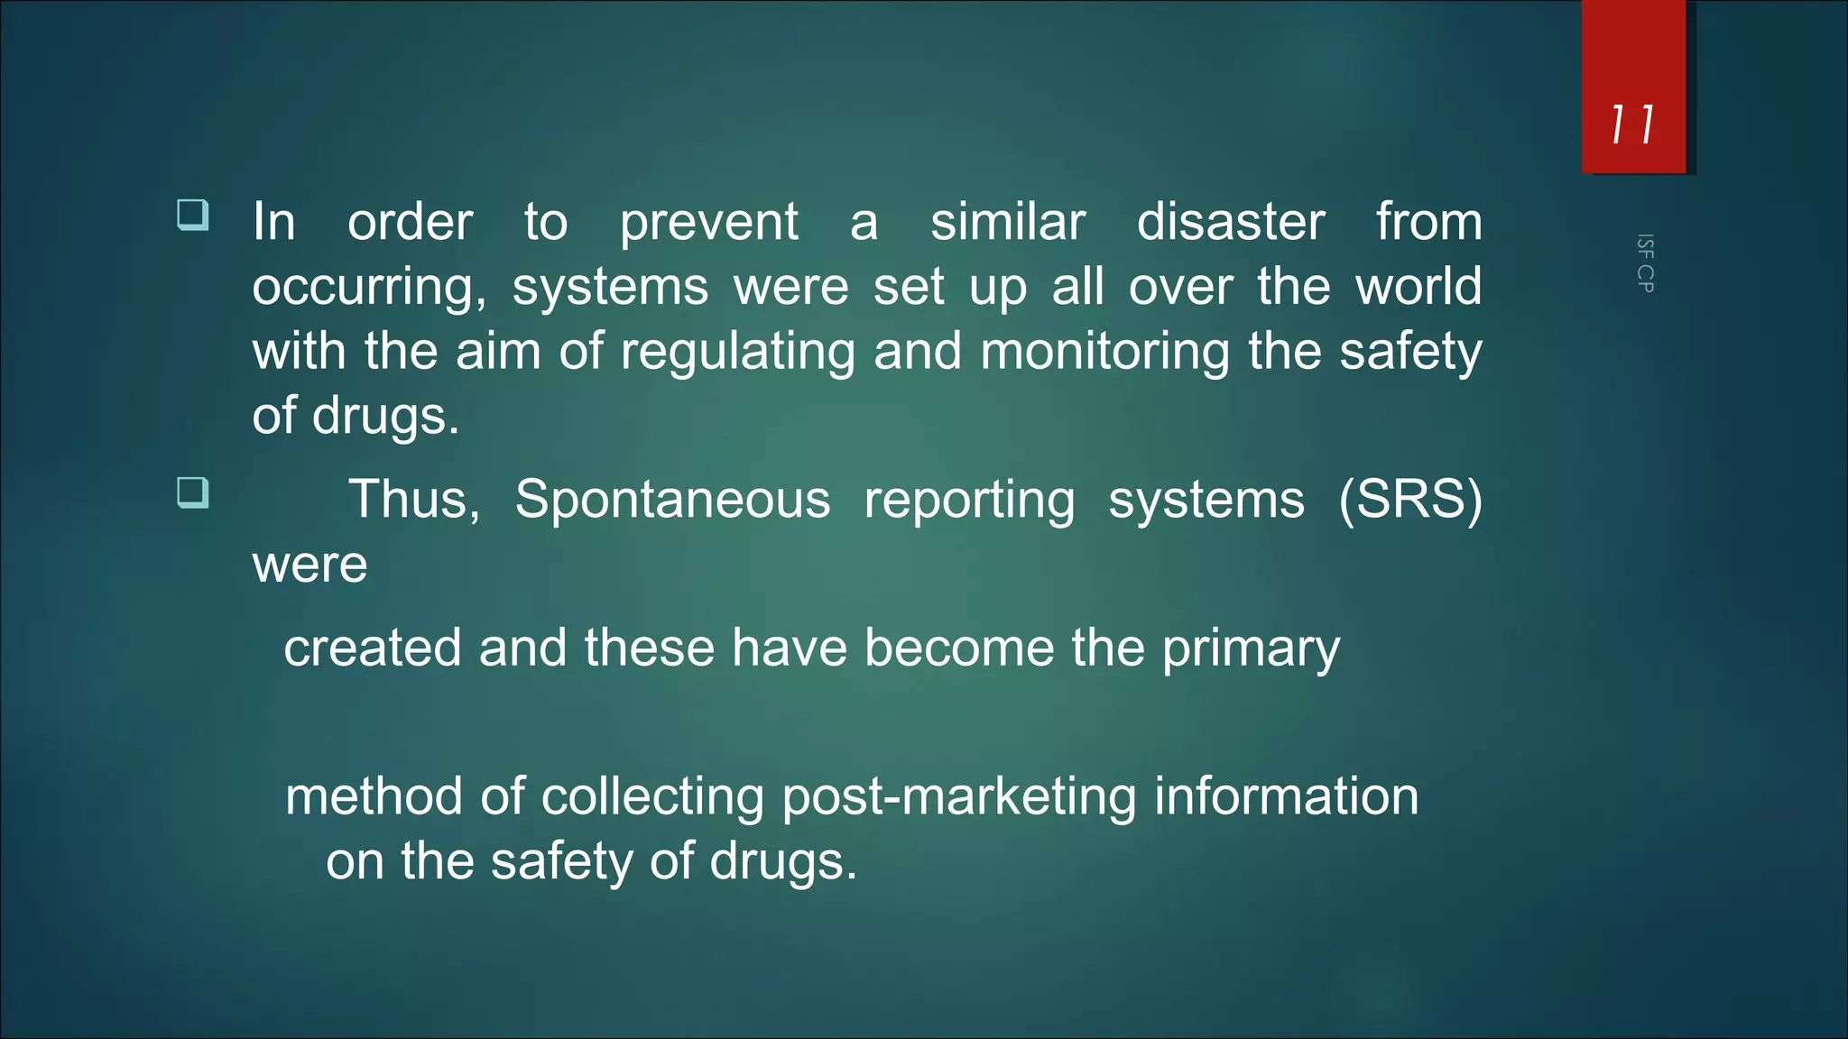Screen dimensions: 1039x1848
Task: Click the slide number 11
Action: (1632, 124)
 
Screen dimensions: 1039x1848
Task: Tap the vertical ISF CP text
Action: (1645, 263)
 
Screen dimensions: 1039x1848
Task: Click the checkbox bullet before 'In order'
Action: (193, 216)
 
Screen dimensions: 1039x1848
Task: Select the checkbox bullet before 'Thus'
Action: (193, 493)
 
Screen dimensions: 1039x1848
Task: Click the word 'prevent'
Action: (708, 223)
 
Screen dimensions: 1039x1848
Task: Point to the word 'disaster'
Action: (1231, 222)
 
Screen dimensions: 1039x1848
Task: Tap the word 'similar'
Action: (1008, 222)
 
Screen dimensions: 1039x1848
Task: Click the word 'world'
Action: (1418, 287)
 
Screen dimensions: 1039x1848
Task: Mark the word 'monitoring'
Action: (1104, 353)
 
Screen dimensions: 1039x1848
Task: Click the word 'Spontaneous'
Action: (672, 501)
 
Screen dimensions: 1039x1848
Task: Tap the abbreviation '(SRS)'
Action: (1410, 500)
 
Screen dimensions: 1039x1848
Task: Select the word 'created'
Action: (372, 648)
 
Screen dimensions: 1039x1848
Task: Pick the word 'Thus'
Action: (413, 500)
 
